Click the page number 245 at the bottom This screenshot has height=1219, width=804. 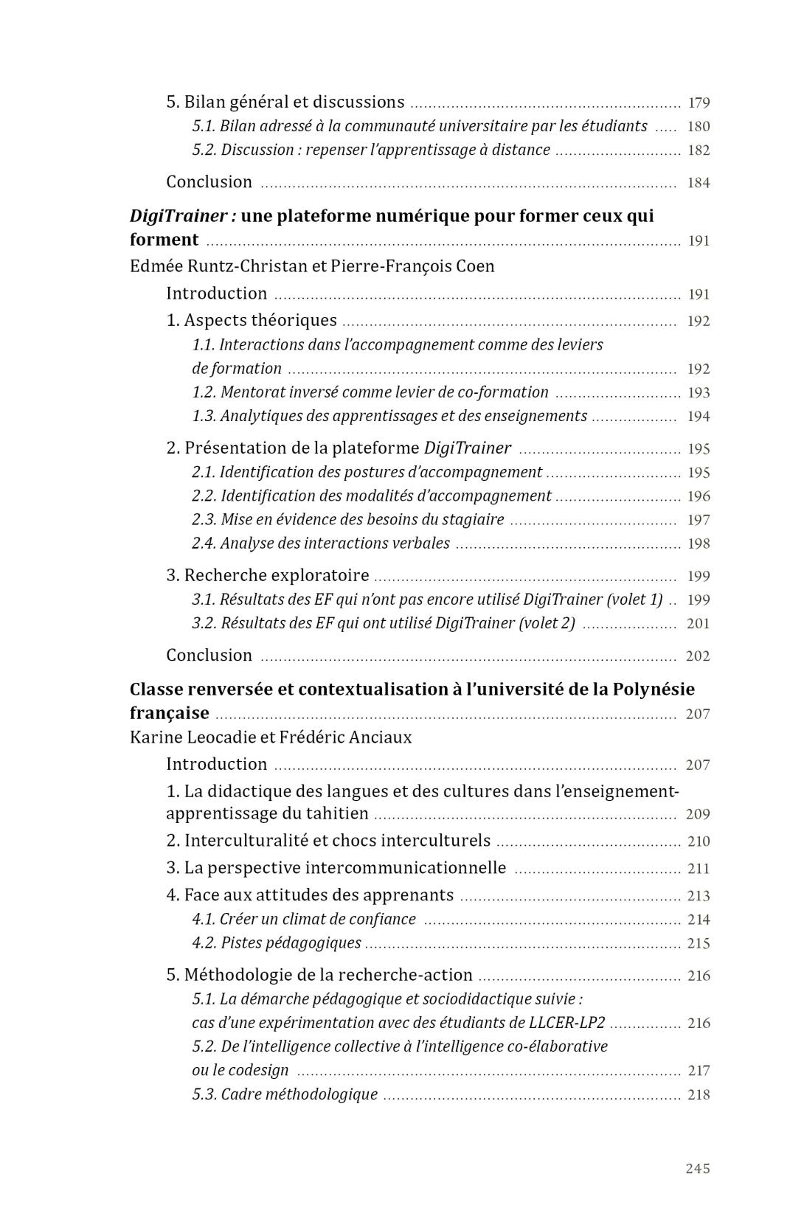[697, 1168]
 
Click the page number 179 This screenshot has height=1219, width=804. [699, 103]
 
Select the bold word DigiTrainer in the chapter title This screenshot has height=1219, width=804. [178, 216]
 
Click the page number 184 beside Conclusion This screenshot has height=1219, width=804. [699, 183]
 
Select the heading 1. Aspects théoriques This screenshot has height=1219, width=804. [252, 320]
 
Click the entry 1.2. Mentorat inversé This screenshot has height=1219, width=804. [370, 392]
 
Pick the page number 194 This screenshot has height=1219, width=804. [699, 417]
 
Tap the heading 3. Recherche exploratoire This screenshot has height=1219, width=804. [268, 575]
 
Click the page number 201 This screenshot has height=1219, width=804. [698, 624]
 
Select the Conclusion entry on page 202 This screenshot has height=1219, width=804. [209, 655]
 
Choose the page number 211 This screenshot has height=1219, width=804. [699, 869]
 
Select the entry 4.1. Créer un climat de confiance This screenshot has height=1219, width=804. [304, 919]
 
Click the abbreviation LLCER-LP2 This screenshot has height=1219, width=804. [566, 1023]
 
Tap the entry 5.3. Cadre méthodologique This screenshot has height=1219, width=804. [285, 1094]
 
